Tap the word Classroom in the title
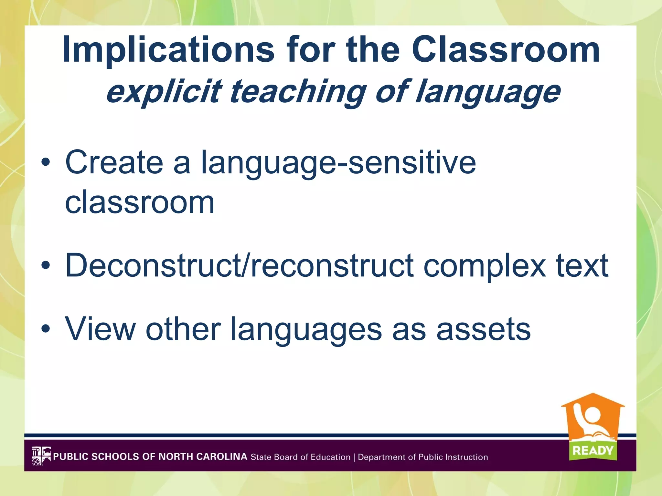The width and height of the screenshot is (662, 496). coord(506,50)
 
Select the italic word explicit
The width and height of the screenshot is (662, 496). coord(164,92)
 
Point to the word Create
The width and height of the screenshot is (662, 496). coord(114,162)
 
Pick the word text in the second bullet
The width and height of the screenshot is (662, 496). coord(582,265)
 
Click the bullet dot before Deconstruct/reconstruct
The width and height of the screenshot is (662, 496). coord(46,265)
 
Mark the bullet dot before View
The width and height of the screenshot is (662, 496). coord(46,329)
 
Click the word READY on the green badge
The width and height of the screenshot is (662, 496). coord(593,450)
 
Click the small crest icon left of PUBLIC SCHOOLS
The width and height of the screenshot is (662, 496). coord(41,456)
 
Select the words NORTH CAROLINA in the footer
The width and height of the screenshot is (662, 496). coord(203,457)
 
